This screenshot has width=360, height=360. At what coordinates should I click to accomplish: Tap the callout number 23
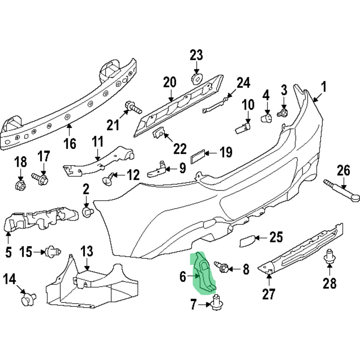coord(197,55)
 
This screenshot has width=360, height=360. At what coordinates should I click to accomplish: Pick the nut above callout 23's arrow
coord(197,78)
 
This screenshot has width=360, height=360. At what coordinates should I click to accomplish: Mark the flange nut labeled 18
coord(20,185)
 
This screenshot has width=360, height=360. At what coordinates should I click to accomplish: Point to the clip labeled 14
coord(28,300)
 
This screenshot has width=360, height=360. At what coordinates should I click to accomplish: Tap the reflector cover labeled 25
coord(248,241)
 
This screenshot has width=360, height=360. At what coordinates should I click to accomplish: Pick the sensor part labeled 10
coord(243,127)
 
